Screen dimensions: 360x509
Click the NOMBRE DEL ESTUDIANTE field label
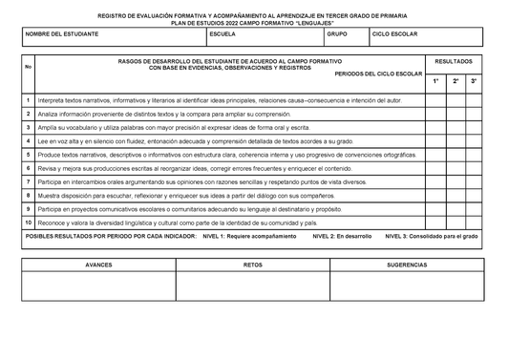pyautogui.click(x=61, y=33)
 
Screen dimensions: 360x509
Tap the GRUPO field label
pyautogui.click(x=337, y=33)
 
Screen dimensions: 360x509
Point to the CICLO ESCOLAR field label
pyautogui.click(x=394, y=33)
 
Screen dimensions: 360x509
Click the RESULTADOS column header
pyautogui.click(x=453, y=60)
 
